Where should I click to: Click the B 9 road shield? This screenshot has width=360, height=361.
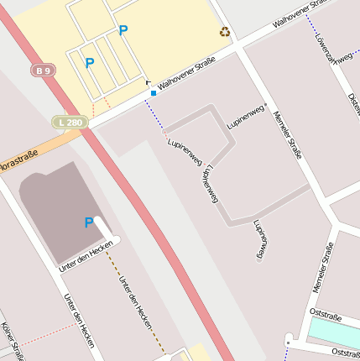pyautogui.click(x=44, y=71)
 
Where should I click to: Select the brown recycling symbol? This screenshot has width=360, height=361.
pyautogui.click(x=224, y=32)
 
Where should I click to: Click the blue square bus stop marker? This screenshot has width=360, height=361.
pyautogui.click(x=153, y=93)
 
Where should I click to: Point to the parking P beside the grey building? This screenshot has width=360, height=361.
pyautogui.click(x=89, y=222)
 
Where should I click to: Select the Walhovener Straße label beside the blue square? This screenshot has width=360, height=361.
pyautogui.click(x=187, y=73)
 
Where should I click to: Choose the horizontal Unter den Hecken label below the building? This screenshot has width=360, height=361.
pyautogui.click(x=85, y=256)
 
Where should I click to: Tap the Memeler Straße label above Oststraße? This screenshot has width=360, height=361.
pyautogui.click(x=323, y=268)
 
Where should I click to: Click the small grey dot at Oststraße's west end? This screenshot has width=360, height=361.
pyautogui.click(x=288, y=343)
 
